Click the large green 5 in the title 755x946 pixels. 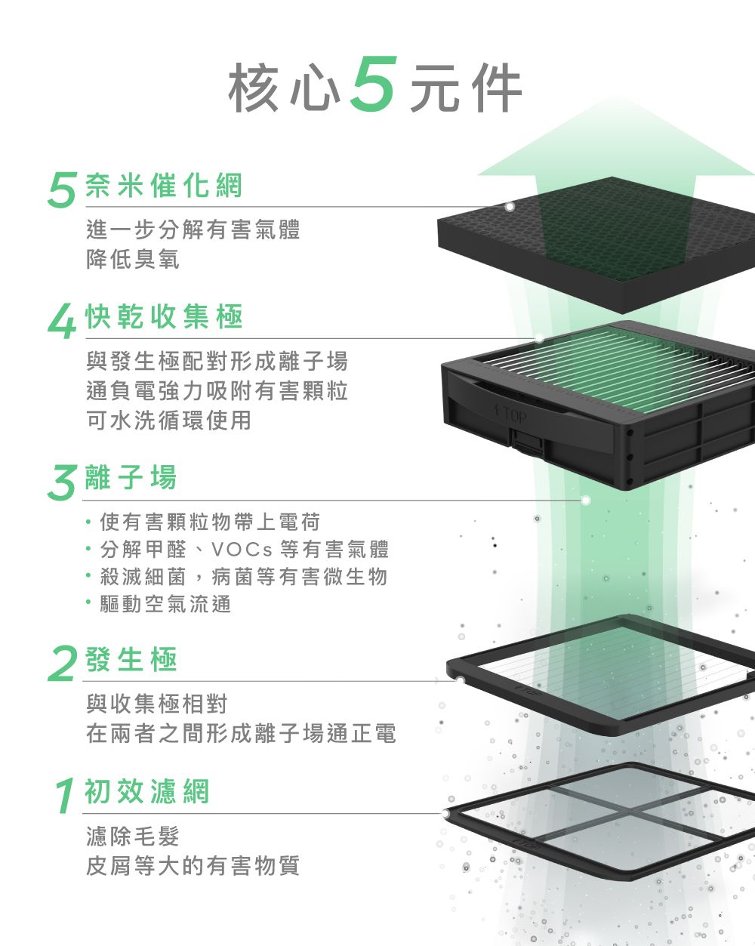tap(372, 85)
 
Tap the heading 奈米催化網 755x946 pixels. tap(164, 185)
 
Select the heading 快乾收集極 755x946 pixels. tap(164, 317)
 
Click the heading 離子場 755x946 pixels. tap(131, 477)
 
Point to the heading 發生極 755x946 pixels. tap(131, 660)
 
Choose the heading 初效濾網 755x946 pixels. tap(147, 791)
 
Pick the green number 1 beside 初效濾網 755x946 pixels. tap(65, 796)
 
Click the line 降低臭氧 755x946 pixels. tap(133, 260)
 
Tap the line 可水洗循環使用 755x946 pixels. tap(169, 421)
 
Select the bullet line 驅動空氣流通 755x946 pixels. tap(165, 604)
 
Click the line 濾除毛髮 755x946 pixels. tap(133, 837)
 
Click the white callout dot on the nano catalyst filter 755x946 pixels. tap(510, 206)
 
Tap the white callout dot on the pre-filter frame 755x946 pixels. tap(447, 814)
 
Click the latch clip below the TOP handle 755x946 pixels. tap(527, 442)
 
